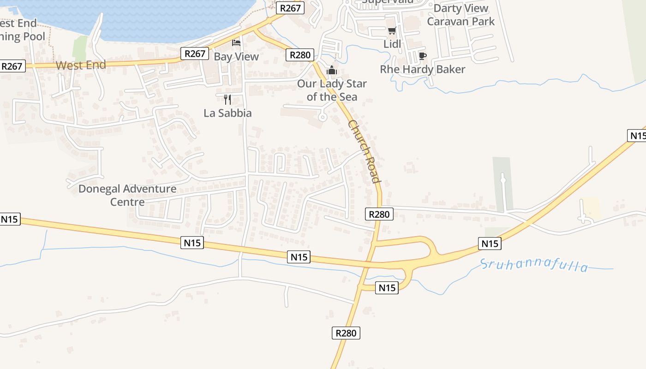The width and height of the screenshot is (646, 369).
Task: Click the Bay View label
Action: tap(236, 57)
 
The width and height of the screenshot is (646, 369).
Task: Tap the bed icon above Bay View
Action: tap(236, 43)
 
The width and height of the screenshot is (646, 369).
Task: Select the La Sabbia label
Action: tap(227, 113)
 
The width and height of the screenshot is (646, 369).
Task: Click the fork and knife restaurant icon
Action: tap(227, 99)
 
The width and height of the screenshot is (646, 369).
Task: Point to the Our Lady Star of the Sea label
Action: tap(332, 90)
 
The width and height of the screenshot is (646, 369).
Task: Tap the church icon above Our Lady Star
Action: tap(331, 71)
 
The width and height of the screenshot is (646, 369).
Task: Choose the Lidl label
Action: tap(392, 44)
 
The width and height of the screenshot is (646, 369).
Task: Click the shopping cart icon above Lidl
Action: tap(392, 31)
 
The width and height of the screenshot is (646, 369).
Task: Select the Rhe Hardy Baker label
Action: tap(422, 69)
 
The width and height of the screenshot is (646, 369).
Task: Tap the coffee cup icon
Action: tap(422, 56)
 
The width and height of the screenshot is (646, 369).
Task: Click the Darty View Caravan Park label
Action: tap(461, 15)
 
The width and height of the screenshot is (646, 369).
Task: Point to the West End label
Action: tap(81, 65)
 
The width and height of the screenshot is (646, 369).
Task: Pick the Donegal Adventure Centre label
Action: tap(127, 195)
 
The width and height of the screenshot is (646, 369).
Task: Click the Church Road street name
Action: tap(365, 151)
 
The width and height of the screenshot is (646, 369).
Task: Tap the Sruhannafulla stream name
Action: tap(534, 265)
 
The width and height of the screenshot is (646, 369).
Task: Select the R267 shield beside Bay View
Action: tap(195, 54)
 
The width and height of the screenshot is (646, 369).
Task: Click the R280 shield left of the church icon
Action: tap(300, 55)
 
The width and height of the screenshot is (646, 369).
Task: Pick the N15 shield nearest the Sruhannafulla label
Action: tap(490, 244)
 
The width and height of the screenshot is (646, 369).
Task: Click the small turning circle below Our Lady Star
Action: tap(323, 117)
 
